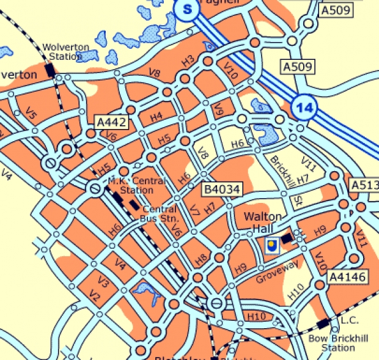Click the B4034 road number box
tap(222, 190)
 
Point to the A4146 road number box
tap(347, 277)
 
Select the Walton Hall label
tap(263, 222)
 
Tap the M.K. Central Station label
tap(131, 185)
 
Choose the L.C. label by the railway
tap(350, 320)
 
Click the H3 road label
tap(188, 60)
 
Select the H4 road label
tap(156, 116)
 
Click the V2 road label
tap(94, 296)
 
